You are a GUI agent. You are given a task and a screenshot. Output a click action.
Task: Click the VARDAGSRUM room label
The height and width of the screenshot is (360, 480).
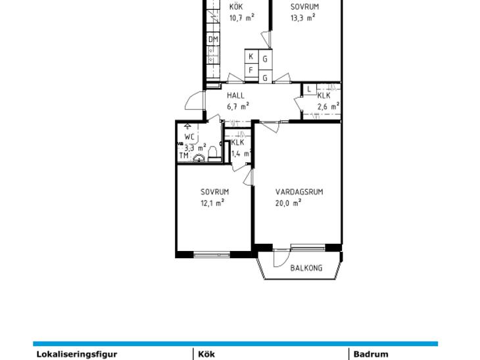299,192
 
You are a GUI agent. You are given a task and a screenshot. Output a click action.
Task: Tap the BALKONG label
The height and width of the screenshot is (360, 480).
306,268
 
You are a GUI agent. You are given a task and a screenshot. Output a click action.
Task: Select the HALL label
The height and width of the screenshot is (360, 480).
235,95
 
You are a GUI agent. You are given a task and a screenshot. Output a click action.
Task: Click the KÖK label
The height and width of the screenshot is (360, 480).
236,7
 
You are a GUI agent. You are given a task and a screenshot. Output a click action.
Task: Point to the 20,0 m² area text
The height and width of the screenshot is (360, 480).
288,203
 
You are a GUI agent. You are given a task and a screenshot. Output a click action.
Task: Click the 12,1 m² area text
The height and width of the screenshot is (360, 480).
212,203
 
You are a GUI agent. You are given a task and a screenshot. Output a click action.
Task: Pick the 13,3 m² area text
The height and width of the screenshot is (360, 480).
302,18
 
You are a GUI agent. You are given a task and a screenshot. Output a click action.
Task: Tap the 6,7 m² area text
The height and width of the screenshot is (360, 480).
238,106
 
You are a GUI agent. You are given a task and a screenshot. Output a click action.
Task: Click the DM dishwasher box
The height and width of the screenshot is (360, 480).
213,39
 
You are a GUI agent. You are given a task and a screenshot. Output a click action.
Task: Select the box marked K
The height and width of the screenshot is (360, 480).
251,56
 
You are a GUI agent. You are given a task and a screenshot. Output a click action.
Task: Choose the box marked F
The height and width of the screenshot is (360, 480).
251,70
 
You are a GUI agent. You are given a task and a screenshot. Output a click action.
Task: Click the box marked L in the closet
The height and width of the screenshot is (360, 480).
310,89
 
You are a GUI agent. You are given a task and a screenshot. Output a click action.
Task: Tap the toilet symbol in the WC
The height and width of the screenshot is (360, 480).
213,154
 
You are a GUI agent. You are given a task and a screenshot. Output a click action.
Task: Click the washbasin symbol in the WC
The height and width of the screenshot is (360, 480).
199,158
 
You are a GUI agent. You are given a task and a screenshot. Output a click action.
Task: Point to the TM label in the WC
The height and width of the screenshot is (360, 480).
183,156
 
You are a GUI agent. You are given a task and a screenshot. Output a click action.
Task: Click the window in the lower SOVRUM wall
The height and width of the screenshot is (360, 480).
212,254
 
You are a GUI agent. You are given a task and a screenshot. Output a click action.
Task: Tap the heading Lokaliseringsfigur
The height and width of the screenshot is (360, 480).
77,354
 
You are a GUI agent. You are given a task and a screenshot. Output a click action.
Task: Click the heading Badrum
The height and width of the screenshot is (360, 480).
371,354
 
